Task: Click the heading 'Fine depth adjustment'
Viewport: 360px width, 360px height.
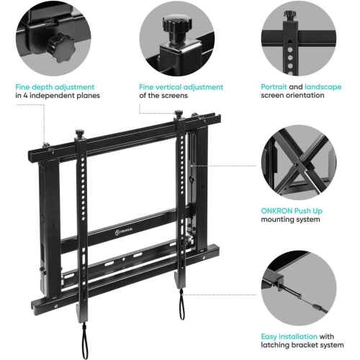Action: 55,87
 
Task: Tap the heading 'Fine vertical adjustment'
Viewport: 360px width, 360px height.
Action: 181,87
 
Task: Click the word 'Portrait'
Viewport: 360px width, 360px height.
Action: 274,86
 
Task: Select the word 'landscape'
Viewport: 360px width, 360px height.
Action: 323,87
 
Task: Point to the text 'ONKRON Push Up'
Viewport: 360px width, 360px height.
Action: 292,211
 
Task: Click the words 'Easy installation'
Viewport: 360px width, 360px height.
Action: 289,336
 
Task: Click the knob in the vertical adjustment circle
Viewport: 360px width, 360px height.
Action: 177,27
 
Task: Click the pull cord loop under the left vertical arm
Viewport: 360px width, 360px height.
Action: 84,341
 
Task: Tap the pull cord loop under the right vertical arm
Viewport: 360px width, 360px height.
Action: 181,304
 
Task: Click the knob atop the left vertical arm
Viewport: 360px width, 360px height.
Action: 80,134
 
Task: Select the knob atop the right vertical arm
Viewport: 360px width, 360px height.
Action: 179,114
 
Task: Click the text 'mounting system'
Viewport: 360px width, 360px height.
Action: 290,220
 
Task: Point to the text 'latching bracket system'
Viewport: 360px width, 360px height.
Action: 302,345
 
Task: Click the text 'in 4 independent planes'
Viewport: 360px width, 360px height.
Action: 58,96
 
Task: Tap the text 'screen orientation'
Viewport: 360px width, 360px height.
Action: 292,95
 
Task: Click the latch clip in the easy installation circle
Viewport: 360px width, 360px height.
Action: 275,279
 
